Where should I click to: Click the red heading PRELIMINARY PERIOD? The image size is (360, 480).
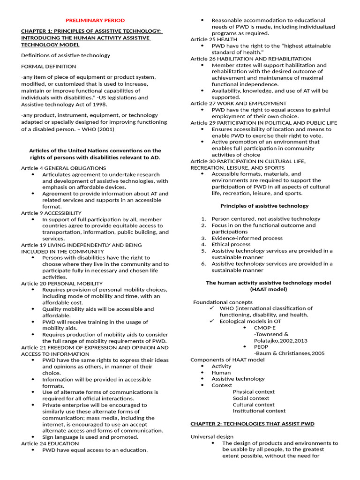[x=95, y=20]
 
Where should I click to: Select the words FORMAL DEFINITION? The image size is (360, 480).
[x=48, y=67]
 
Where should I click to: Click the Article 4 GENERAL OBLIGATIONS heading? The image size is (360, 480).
[x=63, y=168]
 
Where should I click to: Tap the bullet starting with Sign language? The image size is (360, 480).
[x=90, y=437]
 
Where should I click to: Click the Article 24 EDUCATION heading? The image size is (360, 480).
[x=50, y=443]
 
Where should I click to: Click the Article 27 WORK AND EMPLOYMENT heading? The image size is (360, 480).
[x=238, y=103]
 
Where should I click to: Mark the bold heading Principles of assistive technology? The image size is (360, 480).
[x=264, y=205]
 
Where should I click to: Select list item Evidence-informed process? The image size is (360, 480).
[x=247, y=238]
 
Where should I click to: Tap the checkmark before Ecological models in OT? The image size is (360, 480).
[x=212, y=321]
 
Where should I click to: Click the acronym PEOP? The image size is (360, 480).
[x=261, y=347]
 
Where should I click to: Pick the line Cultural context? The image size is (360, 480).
[x=254, y=405]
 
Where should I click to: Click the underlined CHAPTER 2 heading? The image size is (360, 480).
[x=252, y=424]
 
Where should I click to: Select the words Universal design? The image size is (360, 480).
[x=212, y=436]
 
